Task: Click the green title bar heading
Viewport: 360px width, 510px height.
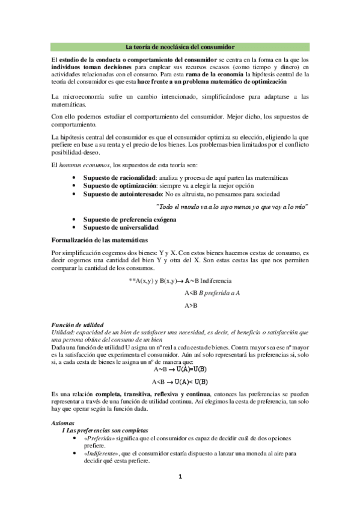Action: point(180,46)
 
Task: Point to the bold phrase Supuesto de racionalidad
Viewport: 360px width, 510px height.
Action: point(119,178)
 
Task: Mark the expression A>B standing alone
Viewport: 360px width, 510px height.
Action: point(191,305)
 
